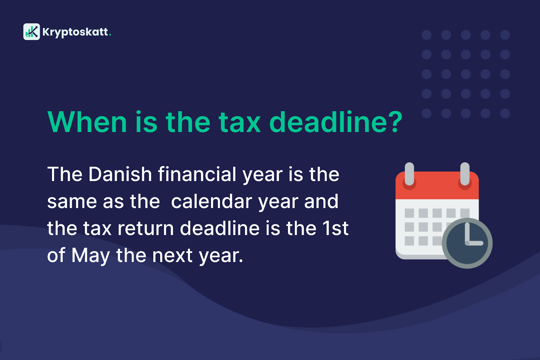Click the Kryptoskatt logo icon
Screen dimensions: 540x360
pos(32,32)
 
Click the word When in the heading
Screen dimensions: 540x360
pos(87,122)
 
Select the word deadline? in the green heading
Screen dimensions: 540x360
pos(336,122)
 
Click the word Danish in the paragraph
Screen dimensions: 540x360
pos(120,174)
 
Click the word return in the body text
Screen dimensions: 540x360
pos(145,228)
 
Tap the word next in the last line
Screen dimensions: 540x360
pos(172,256)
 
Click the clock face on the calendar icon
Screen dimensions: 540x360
pos(467,243)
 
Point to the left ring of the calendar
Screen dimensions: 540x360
pos(409,174)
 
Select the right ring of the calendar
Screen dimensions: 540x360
pos(465,174)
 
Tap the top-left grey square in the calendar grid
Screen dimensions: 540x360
pos(409,213)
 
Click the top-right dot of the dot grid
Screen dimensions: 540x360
pos(505,35)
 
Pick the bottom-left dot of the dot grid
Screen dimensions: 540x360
pos(427,113)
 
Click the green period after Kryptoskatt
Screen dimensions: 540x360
pos(110,35)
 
